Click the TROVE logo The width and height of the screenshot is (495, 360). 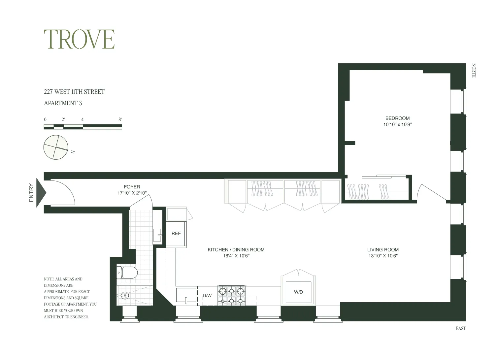point(79,39)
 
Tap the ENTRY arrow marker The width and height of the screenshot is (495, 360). point(41,192)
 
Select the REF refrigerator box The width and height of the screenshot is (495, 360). point(176,234)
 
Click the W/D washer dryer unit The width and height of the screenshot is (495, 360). point(298,292)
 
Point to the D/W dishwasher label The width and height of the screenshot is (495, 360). point(207,296)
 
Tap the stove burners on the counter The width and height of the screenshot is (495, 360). point(231,296)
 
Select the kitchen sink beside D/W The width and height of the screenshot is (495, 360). point(186,295)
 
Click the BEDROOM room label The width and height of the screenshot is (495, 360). point(397,118)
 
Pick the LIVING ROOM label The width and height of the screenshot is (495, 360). point(383,250)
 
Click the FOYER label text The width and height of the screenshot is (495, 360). point(132,187)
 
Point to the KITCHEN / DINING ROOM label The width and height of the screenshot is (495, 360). point(236,250)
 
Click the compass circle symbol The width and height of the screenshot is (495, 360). point(56,147)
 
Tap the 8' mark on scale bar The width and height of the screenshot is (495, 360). point(120,119)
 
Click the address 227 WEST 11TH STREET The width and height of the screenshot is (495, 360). point(74,92)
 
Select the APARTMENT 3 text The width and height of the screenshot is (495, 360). point(63,103)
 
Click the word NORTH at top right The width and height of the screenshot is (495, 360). point(474,71)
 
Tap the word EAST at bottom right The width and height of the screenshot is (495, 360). point(461,328)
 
